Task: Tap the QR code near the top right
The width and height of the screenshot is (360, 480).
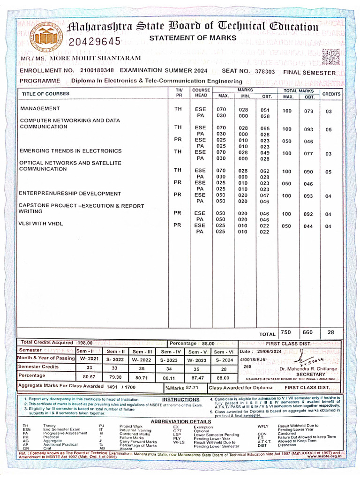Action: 331,57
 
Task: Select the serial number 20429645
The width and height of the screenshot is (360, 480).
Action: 95,42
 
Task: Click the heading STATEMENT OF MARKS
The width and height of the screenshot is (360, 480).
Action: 193,38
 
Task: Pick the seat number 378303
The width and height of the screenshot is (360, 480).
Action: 265,72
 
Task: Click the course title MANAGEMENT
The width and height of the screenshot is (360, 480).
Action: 40,108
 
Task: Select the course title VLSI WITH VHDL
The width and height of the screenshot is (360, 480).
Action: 41,224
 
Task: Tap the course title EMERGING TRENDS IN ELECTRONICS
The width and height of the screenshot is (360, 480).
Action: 70,151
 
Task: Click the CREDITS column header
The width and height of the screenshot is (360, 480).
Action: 331,94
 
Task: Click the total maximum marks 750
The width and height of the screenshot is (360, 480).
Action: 285,332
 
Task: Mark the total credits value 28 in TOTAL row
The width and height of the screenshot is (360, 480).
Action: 331,332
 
